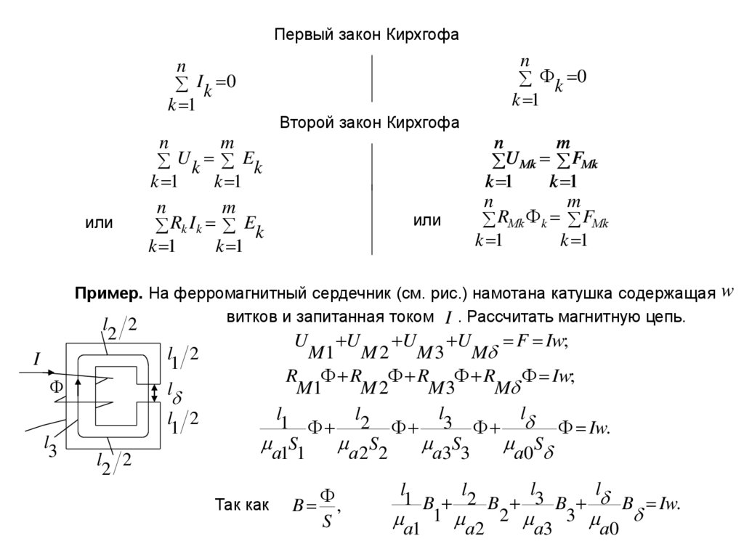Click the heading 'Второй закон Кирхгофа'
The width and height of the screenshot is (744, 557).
(370, 123)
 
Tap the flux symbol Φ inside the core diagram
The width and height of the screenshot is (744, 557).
(57, 387)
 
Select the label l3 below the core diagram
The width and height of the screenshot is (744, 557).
(50, 442)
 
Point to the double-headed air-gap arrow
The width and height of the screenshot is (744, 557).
(154, 393)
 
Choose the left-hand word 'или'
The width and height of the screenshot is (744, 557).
(99, 223)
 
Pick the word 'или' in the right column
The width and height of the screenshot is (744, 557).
(427, 220)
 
